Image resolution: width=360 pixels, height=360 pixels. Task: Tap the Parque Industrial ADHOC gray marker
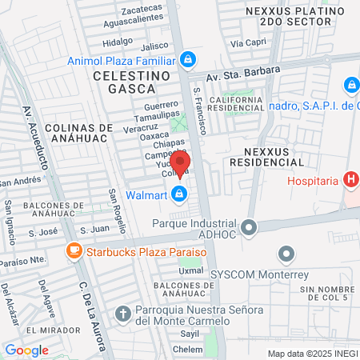[250, 228]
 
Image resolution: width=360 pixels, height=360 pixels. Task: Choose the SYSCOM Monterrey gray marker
[287, 255]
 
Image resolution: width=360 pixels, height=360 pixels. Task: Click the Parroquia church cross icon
[122, 313]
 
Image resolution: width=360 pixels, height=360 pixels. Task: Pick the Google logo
[26, 350]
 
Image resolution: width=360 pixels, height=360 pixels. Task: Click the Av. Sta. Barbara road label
[243, 74]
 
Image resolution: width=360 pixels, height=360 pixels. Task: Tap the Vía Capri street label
[247, 42]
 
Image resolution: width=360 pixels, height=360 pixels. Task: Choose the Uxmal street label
[190, 270]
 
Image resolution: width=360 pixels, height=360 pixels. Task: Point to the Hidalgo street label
[118, 41]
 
